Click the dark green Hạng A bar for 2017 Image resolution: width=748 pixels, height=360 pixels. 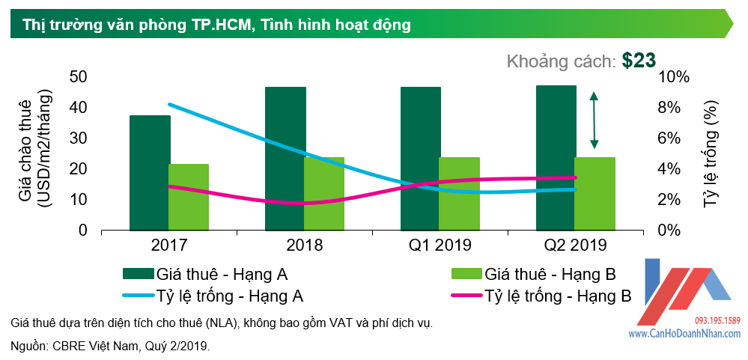click(x=150, y=172)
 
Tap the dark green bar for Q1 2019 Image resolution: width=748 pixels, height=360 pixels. click(x=420, y=158)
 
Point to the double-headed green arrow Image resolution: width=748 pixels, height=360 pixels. click(x=594, y=120)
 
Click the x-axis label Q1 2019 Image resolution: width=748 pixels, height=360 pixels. click(x=440, y=245)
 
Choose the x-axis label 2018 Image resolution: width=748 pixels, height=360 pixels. click(x=304, y=245)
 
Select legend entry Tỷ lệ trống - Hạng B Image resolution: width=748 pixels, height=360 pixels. click(x=558, y=295)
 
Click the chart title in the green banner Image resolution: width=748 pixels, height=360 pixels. click(x=217, y=25)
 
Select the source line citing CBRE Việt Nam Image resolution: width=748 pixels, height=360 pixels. click(x=111, y=346)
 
